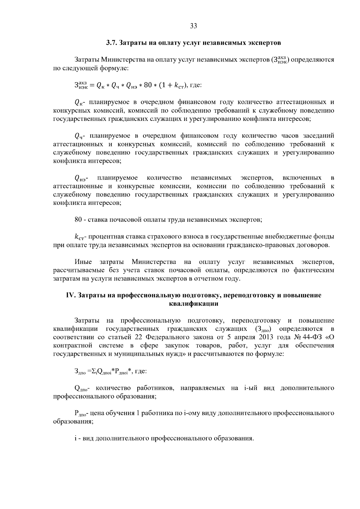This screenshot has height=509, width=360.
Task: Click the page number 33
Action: coord(193,26)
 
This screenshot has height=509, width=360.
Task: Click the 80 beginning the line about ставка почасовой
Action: coord(78,220)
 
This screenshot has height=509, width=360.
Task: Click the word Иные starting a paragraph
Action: coord(83,262)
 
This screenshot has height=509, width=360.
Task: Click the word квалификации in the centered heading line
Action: coord(193,304)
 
